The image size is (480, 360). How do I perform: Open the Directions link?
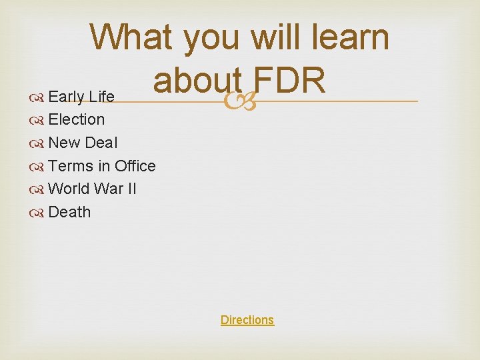tap(247, 320)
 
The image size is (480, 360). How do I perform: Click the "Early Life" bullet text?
tap(81, 97)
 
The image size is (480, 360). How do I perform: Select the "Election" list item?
tap(77, 120)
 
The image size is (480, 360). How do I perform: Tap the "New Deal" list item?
tap(83, 143)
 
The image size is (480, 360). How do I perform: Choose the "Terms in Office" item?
tap(102, 166)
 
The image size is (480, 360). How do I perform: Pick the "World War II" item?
tap(93, 189)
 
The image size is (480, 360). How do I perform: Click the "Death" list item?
tap(69, 212)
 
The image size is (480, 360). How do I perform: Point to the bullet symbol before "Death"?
tap(37, 213)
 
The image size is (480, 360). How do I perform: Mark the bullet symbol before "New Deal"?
tap(37, 143)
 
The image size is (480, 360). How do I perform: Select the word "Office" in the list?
tap(135, 166)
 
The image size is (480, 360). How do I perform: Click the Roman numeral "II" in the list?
tap(131, 189)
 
